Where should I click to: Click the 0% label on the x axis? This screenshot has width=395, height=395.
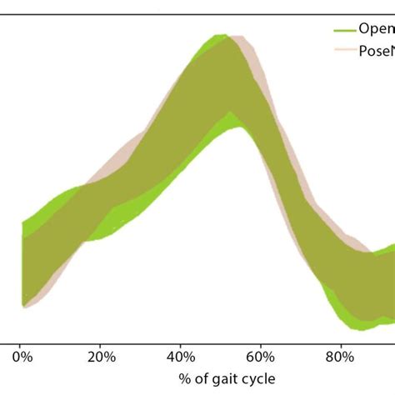click(x=22, y=357)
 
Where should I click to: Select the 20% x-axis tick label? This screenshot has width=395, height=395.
click(x=100, y=357)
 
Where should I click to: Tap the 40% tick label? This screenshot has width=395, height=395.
click(x=180, y=357)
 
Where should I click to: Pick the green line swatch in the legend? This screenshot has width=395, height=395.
click(x=344, y=29)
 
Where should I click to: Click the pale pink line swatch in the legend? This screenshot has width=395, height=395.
click(x=344, y=50)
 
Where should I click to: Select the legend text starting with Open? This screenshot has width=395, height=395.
click(x=376, y=29)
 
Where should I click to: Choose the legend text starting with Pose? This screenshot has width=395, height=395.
click(x=376, y=50)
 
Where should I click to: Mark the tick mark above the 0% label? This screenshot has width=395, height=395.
click(x=22, y=342)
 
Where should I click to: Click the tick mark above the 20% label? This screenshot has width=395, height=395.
click(x=101, y=342)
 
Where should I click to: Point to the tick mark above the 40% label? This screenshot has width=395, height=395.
click(x=180, y=342)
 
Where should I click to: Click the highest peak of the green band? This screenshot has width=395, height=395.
click(x=219, y=36)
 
